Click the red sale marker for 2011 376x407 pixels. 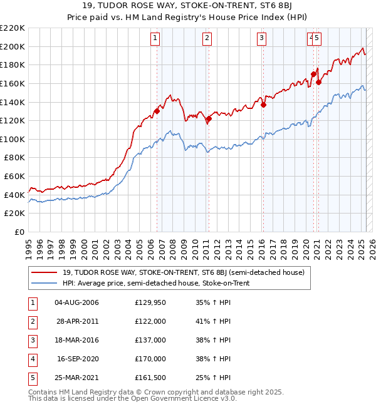point(209,119)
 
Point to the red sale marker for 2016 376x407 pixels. point(263,105)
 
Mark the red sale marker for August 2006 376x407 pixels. point(157,111)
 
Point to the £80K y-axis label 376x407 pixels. point(14,158)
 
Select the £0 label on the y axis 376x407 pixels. point(19,232)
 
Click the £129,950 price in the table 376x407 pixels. point(150,302)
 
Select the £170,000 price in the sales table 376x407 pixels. point(150,359)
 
